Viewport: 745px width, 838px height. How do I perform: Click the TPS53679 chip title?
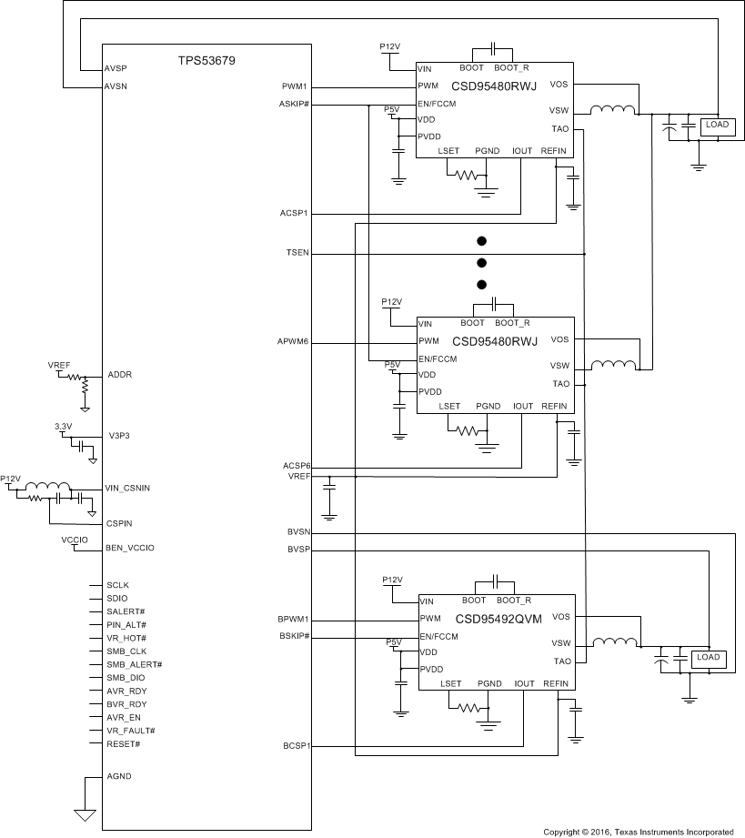point(206,61)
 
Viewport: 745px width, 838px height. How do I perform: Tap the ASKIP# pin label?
point(295,105)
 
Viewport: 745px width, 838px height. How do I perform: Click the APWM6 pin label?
point(294,342)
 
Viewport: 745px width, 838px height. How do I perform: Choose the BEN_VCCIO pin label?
point(130,549)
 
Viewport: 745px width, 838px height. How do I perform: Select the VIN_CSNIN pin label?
point(128,489)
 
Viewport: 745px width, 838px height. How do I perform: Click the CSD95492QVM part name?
point(498,620)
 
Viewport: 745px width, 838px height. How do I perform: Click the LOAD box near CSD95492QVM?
point(708,657)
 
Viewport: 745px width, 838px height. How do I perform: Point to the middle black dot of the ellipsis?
point(482,263)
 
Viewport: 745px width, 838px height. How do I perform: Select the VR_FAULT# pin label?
point(130,731)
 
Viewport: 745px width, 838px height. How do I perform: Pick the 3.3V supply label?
point(64,426)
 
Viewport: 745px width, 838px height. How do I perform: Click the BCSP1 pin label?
point(297,746)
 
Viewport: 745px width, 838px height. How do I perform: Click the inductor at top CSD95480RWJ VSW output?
point(613,111)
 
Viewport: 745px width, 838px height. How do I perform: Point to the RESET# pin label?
point(124,744)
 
